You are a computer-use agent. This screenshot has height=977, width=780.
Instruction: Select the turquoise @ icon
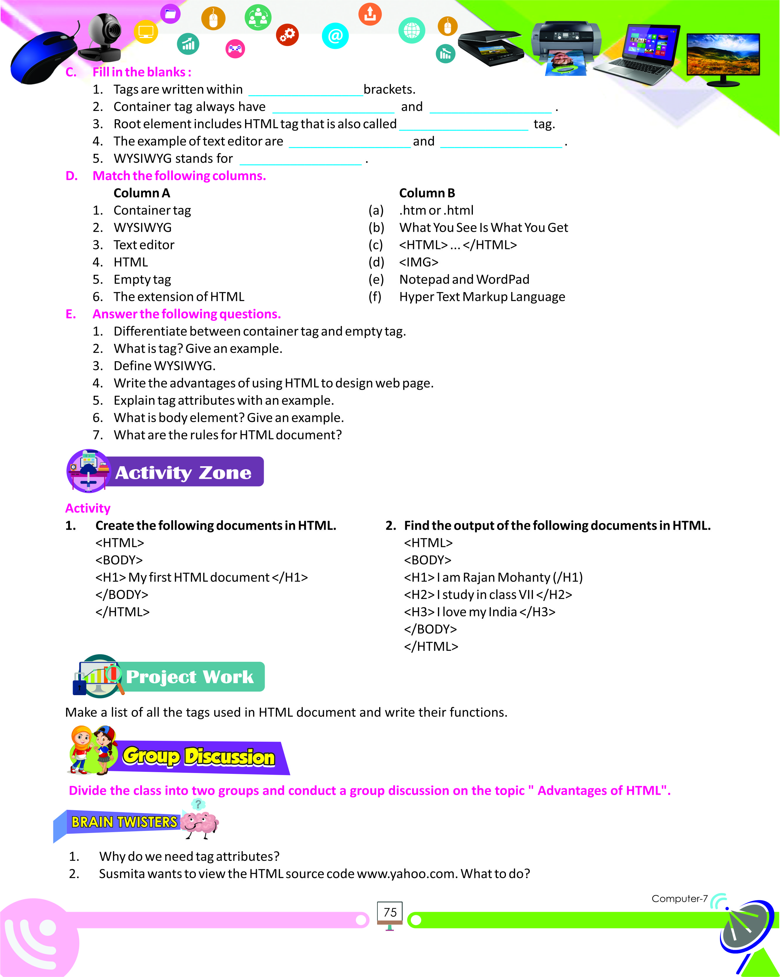tap(335, 35)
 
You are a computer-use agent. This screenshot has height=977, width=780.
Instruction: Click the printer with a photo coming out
tap(567, 45)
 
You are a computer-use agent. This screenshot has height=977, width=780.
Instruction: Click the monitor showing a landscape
tap(723, 57)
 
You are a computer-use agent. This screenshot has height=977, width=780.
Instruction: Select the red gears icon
tap(287, 35)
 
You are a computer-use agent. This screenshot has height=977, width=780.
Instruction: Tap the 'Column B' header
tap(427, 193)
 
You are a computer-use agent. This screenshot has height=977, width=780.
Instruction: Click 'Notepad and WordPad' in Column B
tap(464, 279)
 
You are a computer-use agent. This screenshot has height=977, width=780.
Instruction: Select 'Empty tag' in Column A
tap(142, 280)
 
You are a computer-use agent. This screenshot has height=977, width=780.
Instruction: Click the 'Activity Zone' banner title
tap(183, 473)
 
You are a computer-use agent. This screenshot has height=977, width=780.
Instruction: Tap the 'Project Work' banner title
tap(189, 677)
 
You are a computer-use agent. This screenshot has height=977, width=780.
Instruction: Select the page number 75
tap(390, 912)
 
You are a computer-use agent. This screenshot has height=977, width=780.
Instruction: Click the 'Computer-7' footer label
tap(679, 899)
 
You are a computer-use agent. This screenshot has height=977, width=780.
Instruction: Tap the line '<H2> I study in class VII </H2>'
tap(488, 594)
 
